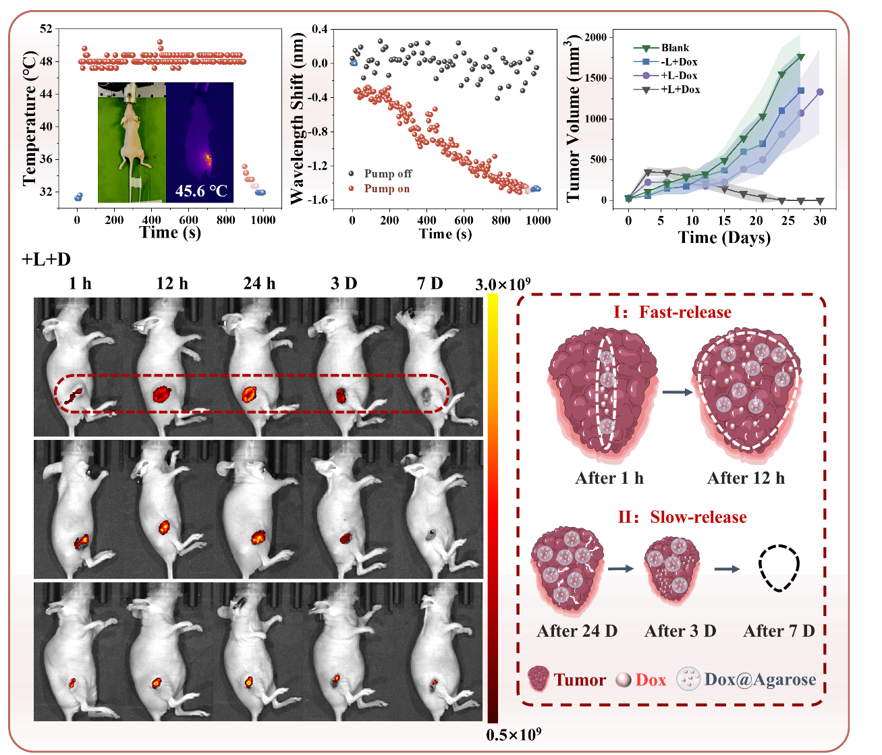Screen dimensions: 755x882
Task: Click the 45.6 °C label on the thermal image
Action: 201,191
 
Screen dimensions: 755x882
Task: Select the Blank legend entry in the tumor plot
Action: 675,48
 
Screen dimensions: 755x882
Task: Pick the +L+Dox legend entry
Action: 680,89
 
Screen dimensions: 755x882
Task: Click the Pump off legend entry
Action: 387,174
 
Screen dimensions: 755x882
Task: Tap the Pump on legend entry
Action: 387,189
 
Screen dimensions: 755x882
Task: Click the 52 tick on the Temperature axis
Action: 46,28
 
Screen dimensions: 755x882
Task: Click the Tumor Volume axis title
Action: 573,119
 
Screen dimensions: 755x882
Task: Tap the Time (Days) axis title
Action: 724,237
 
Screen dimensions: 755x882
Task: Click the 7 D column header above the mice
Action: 430,283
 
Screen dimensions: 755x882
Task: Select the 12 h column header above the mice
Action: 171,283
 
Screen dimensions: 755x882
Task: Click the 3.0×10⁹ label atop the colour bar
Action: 503,285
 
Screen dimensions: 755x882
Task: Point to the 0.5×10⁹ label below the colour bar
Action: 514,735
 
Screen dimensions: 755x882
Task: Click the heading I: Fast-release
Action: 671,312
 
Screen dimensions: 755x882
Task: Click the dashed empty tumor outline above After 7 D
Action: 779,568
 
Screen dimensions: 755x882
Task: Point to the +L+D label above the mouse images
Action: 47,259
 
